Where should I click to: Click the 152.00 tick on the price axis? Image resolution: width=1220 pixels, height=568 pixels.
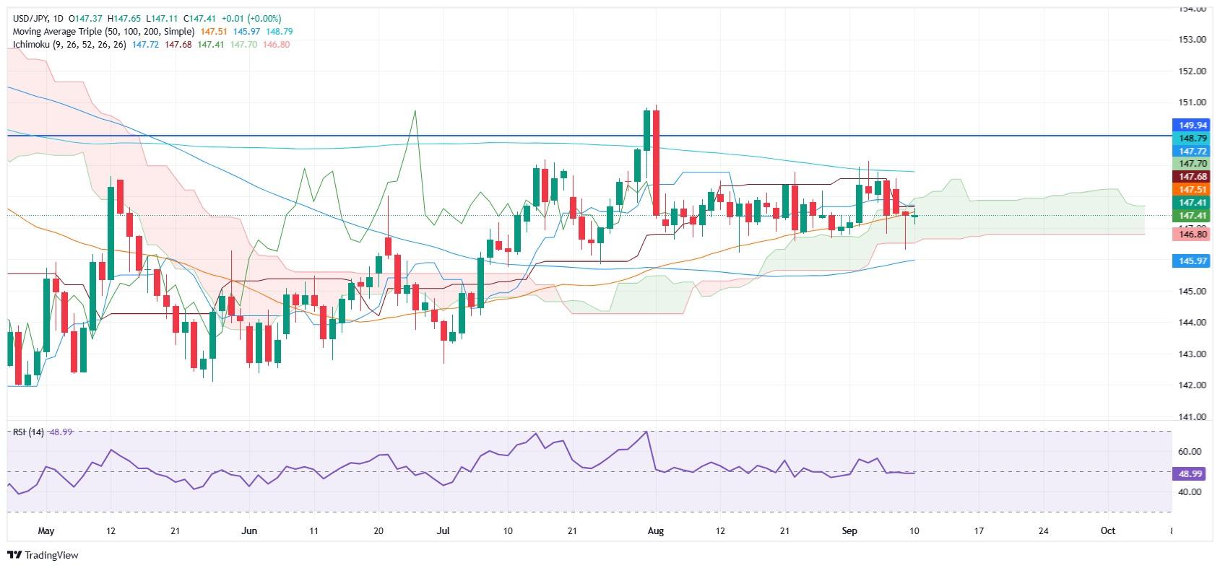tap(1190, 71)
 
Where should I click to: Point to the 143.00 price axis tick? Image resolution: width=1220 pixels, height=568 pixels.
tap(1190, 354)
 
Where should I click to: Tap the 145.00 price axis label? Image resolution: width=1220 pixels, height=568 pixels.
tap(1190, 292)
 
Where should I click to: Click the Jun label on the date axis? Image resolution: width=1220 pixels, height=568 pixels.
tap(249, 530)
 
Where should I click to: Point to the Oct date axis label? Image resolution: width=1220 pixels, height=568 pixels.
tap(1107, 530)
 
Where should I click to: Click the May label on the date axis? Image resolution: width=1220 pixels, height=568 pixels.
tap(46, 530)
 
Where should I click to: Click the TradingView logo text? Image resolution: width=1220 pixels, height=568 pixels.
tap(51, 555)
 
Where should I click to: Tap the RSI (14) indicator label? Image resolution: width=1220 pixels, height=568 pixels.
tap(28, 432)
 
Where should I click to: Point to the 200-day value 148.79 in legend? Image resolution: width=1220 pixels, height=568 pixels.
tap(280, 32)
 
